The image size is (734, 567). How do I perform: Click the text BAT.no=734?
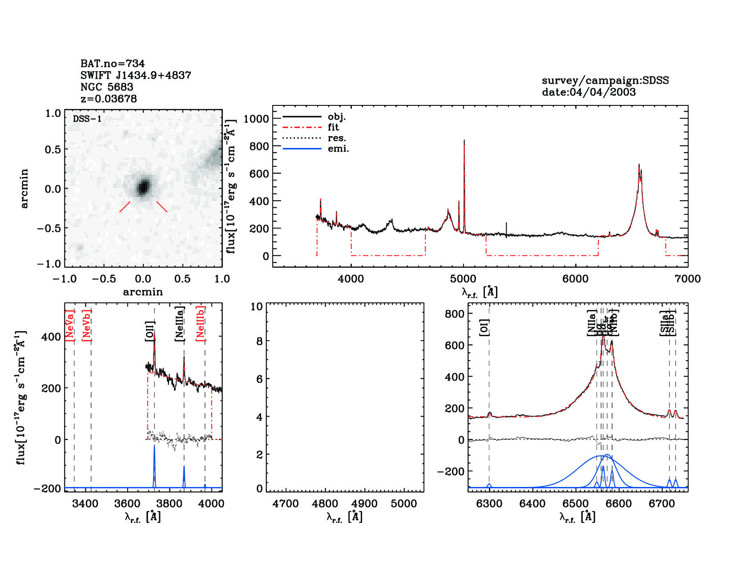pos(113,64)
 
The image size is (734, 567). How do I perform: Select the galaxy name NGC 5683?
pos(107,87)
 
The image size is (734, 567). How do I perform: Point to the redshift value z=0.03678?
pos(109,99)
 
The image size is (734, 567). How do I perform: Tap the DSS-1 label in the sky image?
pos(87,119)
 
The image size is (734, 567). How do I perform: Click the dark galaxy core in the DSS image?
pos(143,187)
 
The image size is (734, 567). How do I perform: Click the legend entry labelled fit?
pos(333,127)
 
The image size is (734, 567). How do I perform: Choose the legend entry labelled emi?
pos(338,149)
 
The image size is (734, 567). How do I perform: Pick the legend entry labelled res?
pos(337,138)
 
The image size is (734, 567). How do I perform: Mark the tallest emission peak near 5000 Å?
pos(464,141)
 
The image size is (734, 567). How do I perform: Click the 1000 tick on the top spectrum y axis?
pos(256,119)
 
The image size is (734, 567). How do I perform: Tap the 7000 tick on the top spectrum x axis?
pos(687,279)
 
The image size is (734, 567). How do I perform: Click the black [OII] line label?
pos(150,331)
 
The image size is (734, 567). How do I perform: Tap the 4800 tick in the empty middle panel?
pos(325,504)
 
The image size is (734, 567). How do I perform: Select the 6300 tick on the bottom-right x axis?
pos(489,504)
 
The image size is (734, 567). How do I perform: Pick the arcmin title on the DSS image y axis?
pos(24,188)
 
